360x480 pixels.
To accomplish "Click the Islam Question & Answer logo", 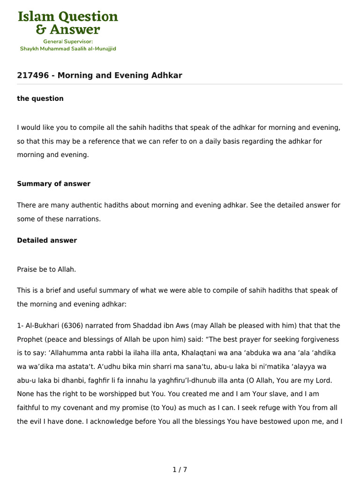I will click(68, 23).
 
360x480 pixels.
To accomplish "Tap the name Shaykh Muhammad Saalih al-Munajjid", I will click(68, 48).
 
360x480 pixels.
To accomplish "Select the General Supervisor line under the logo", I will click(68, 41).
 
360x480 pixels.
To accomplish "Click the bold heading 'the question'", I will click(40, 98).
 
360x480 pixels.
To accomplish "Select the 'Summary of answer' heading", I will click(53, 184).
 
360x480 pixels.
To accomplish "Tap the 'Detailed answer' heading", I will click(47, 240).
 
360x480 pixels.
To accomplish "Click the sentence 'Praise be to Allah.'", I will click(46, 269).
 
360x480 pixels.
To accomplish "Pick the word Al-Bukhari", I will click(41, 325).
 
